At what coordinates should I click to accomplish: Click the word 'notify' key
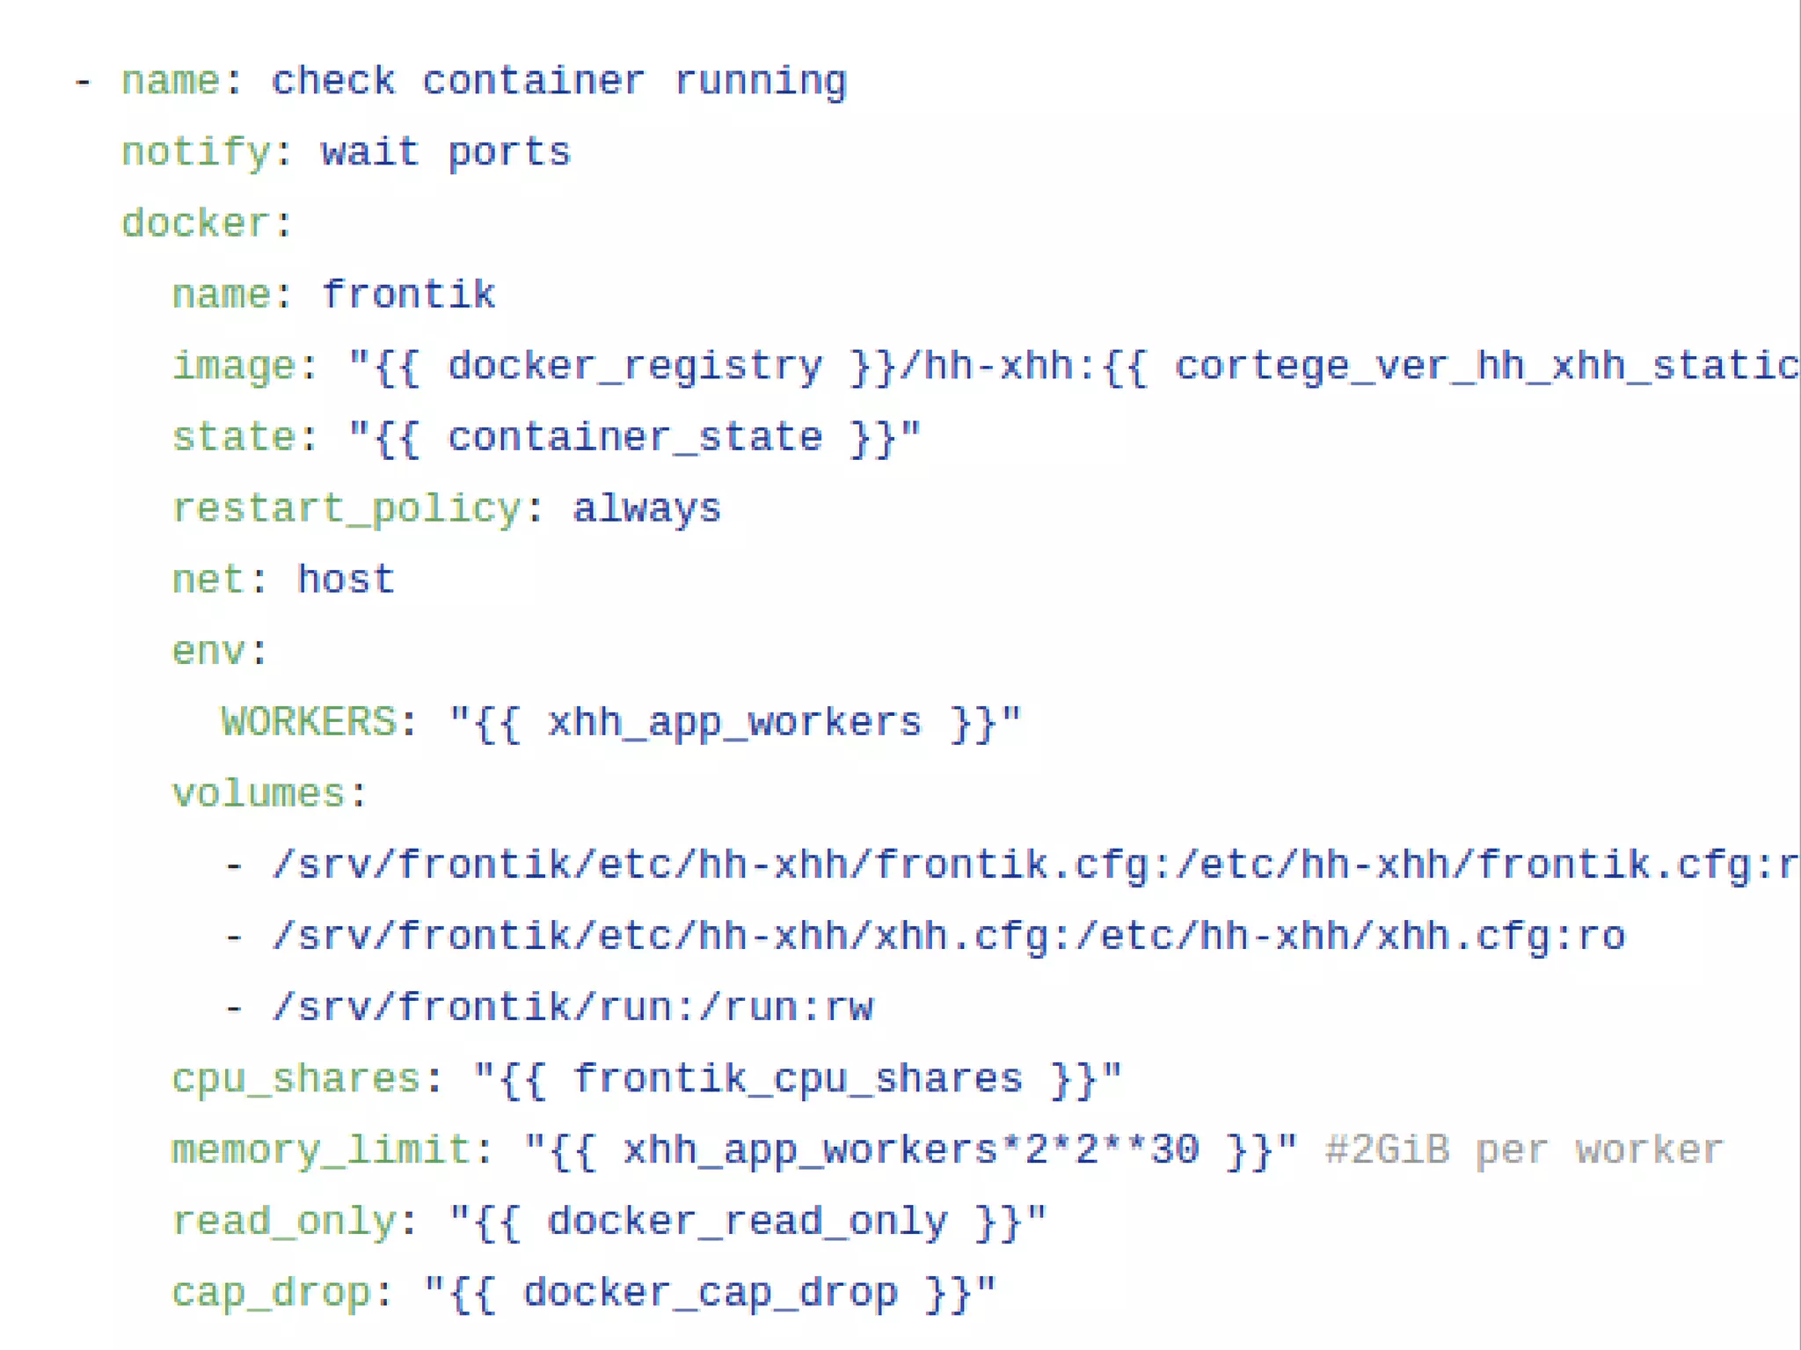click(x=195, y=153)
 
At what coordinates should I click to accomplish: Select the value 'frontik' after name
click(x=409, y=295)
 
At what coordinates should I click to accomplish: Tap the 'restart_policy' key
click(x=346, y=508)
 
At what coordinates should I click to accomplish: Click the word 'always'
click(x=646, y=508)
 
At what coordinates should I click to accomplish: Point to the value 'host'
click(x=346, y=580)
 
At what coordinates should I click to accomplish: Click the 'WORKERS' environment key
click(x=309, y=722)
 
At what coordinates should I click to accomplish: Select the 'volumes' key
click(x=258, y=793)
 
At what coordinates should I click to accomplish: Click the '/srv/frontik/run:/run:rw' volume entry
click(x=572, y=1007)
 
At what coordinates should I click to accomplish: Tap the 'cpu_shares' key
click(x=295, y=1078)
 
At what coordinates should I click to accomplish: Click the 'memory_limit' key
click(x=321, y=1149)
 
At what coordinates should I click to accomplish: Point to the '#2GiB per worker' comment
click(x=1523, y=1149)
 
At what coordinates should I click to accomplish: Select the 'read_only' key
click(x=283, y=1221)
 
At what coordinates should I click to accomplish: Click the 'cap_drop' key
click(x=271, y=1292)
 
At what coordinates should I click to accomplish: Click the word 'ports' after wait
click(x=509, y=153)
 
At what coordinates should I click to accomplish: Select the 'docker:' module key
click(x=195, y=223)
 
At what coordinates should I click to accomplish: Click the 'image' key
click(x=233, y=366)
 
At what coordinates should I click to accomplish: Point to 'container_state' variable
click(x=635, y=437)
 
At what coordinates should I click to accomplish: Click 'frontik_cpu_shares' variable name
click(x=798, y=1078)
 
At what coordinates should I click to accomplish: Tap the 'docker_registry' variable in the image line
click(x=635, y=366)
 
